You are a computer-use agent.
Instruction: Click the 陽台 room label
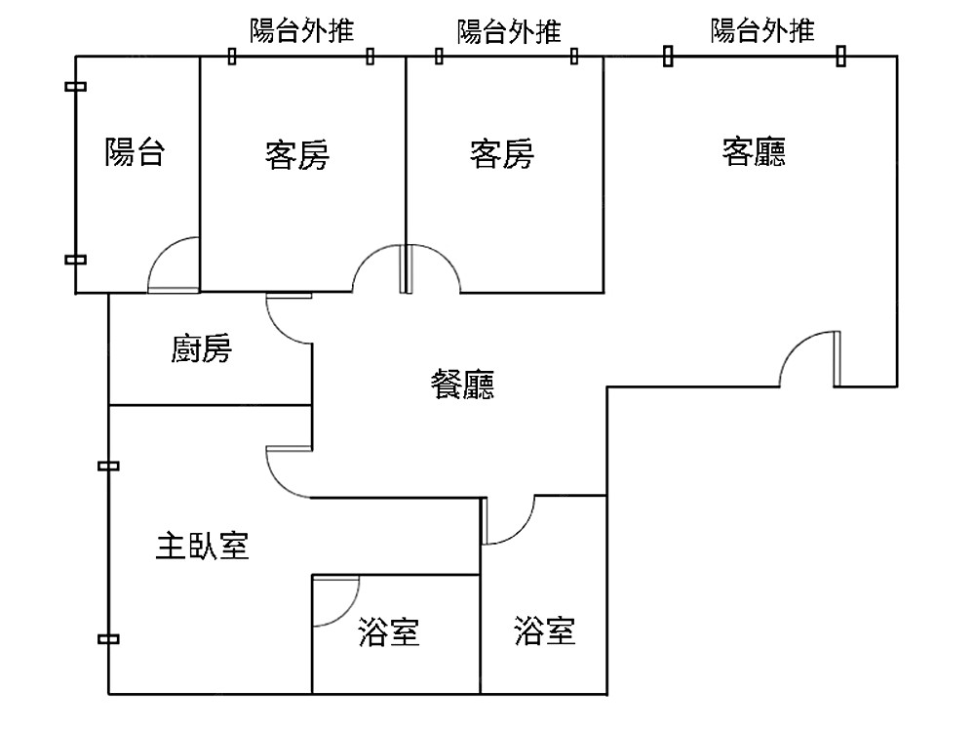(x=135, y=151)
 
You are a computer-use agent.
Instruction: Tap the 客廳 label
(x=754, y=151)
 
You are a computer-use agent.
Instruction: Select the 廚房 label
(x=202, y=348)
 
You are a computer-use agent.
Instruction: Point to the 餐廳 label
(x=462, y=384)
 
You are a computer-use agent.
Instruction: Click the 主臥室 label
(x=202, y=546)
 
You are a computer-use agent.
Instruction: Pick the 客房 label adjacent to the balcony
(x=297, y=154)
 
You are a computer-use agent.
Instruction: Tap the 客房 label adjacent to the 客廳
(x=502, y=154)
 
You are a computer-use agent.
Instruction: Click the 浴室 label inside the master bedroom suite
(x=389, y=631)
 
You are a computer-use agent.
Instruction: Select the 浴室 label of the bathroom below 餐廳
(x=545, y=630)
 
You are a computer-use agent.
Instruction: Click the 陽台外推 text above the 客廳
(x=762, y=30)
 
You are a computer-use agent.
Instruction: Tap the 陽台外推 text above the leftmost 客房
(x=301, y=30)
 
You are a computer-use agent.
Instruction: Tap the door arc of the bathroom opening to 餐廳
(x=520, y=531)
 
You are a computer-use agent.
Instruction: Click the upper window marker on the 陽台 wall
(x=75, y=87)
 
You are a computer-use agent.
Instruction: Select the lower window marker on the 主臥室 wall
(x=108, y=638)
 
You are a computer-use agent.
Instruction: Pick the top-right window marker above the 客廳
(x=840, y=56)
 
